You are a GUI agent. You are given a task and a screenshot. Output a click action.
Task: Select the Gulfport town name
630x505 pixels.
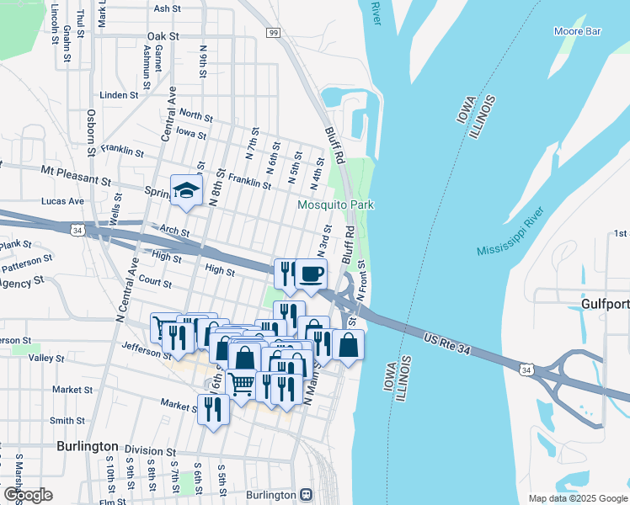click(x=605, y=303)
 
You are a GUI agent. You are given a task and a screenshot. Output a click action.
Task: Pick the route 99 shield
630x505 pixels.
click(x=274, y=32)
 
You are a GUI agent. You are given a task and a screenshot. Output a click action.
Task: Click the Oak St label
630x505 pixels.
click(x=163, y=37)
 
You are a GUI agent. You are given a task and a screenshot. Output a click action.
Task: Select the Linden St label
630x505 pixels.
click(x=112, y=95)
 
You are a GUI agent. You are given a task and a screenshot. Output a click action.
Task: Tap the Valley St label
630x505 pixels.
click(x=46, y=358)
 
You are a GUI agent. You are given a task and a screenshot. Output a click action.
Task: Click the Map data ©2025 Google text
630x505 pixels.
click(x=577, y=498)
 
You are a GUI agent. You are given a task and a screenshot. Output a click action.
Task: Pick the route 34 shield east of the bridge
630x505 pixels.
click(x=526, y=369)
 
